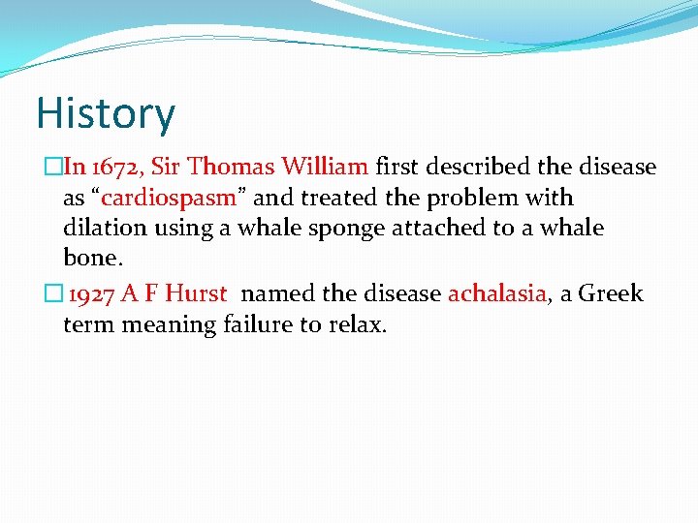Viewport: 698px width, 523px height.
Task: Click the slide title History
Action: click(106, 113)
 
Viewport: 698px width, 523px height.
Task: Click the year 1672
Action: click(115, 167)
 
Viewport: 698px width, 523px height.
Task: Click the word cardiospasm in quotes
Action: click(169, 198)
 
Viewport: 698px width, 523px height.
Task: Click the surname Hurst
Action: click(196, 293)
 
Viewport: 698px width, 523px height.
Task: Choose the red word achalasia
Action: click(497, 293)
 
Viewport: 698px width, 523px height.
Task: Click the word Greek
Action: click(611, 293)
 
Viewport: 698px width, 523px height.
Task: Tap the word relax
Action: click(359, 324)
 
